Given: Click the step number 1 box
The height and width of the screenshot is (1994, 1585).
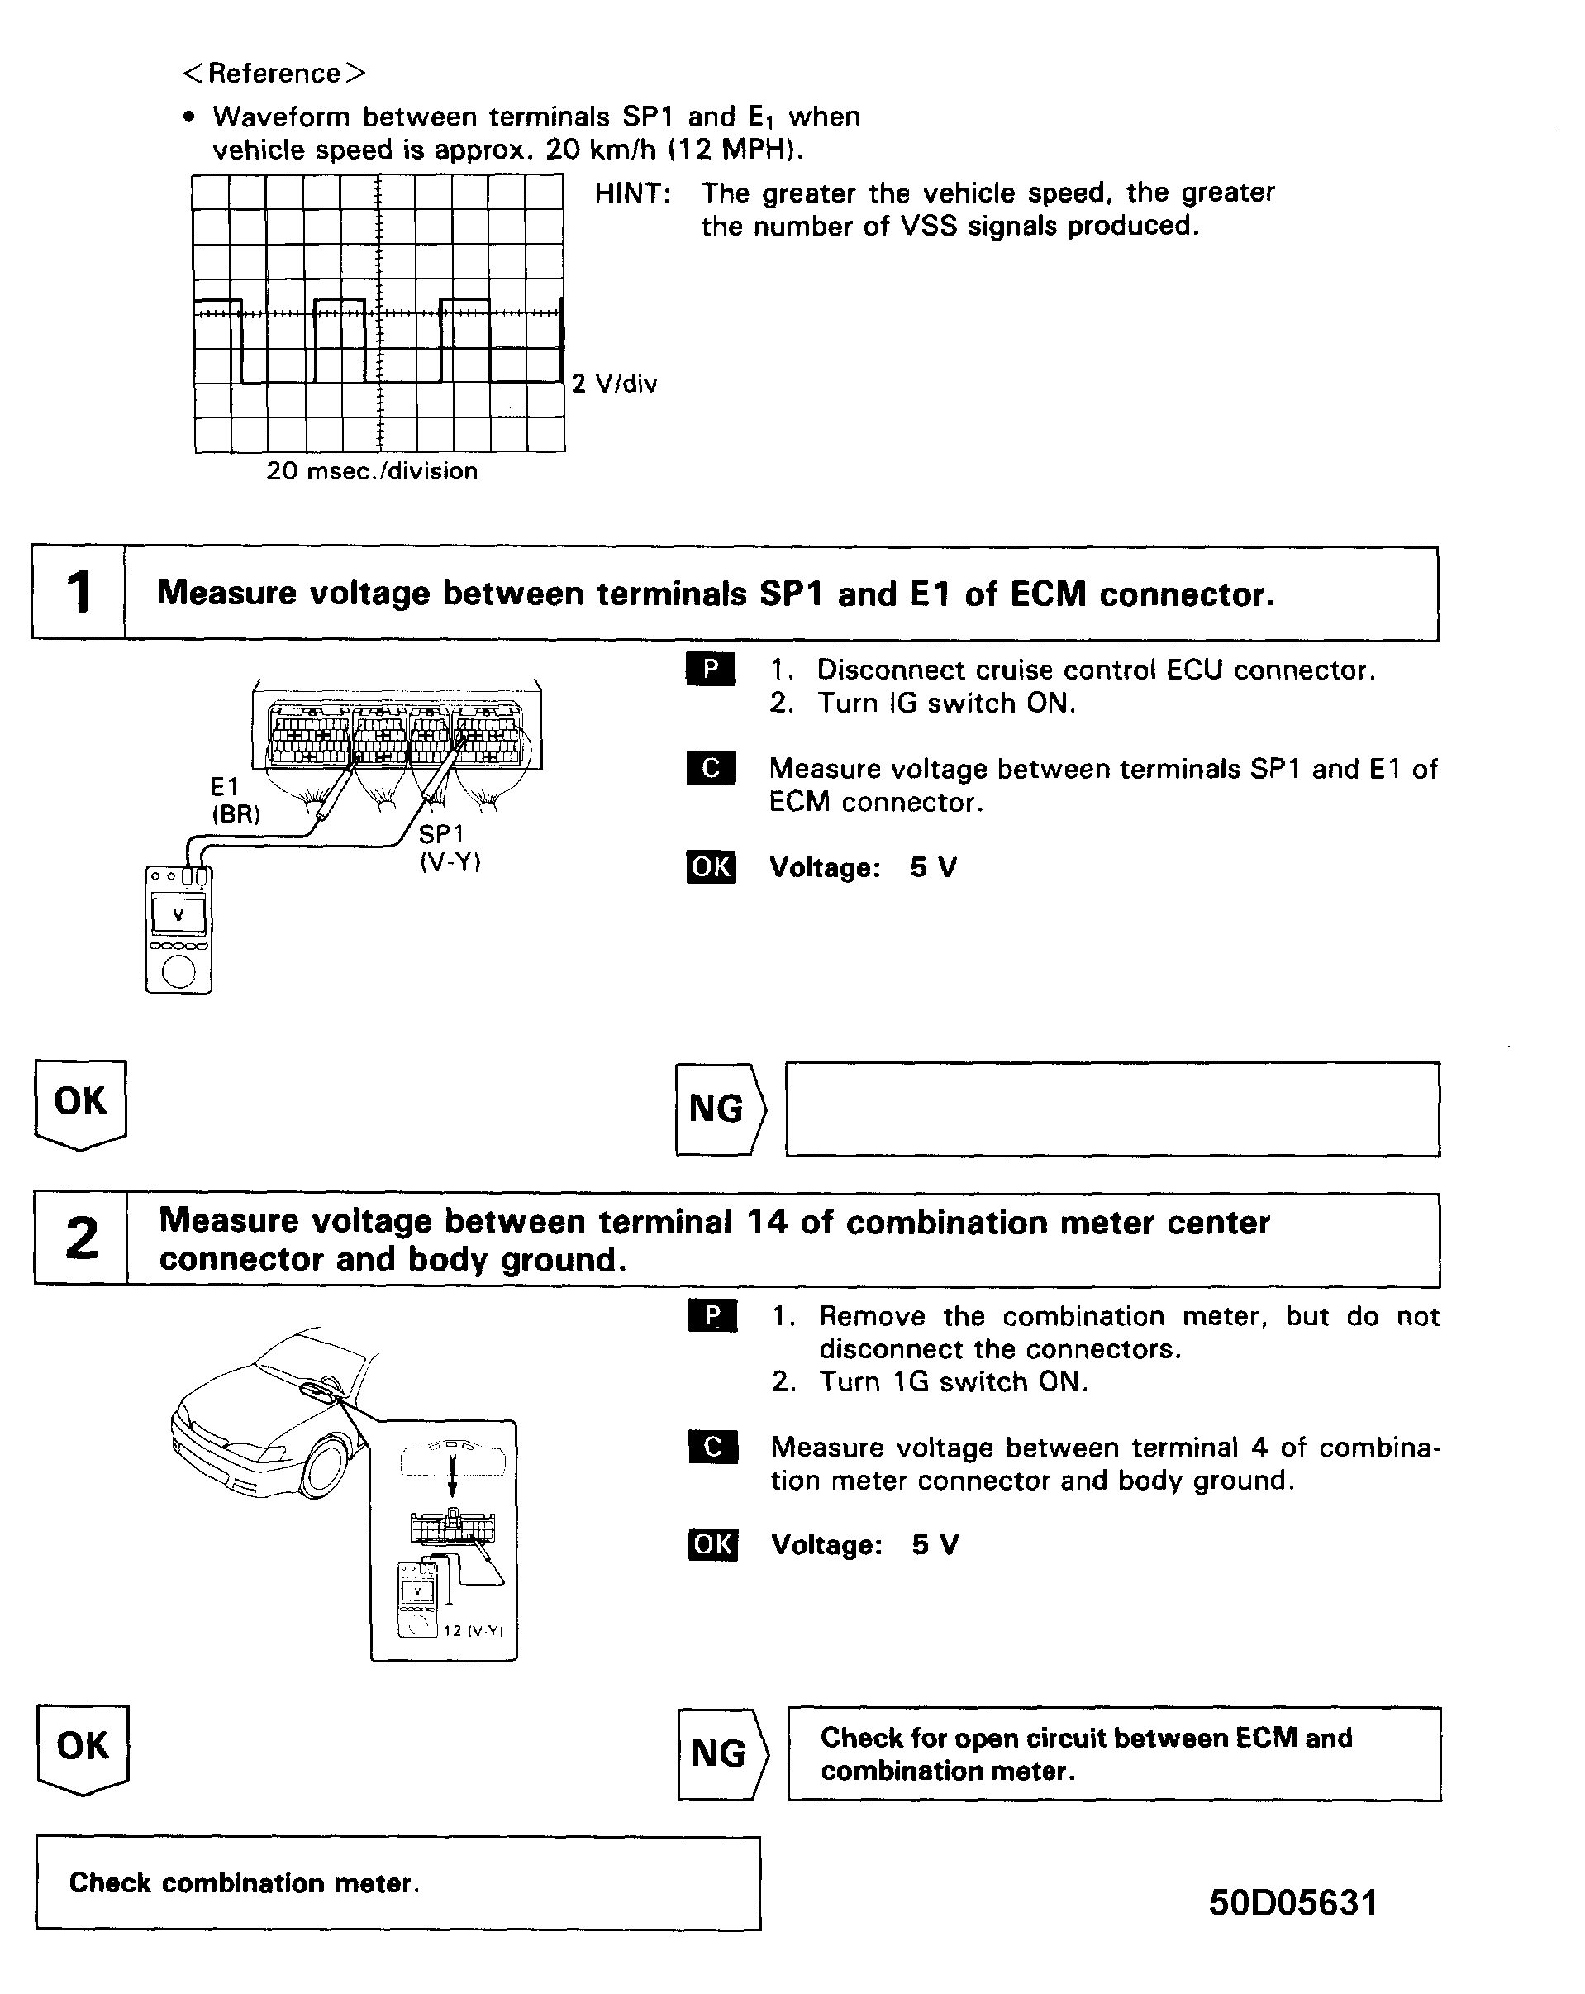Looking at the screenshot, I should tap(79, 593).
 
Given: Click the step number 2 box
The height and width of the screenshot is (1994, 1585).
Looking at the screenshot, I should tap(81, 1239).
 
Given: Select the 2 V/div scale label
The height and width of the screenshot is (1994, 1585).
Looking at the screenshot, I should tap(614, 384).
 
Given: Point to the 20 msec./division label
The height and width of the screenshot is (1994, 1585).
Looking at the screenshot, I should tap(372, 470).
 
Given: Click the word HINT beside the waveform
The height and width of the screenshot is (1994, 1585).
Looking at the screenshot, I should tap(631, 193).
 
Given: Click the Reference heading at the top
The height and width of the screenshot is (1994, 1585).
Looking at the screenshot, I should tap(274, 73).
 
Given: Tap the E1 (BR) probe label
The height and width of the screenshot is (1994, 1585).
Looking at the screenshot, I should tap(235, 800).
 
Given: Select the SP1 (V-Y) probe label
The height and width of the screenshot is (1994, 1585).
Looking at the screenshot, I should tap(450, 847).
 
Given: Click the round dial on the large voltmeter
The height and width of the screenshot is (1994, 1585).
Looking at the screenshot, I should tap(178, 971).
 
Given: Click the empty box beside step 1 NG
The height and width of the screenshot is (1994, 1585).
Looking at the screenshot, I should tap(1112, 1109).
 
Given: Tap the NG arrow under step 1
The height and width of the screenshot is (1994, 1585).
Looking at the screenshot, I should tap(721, 1109).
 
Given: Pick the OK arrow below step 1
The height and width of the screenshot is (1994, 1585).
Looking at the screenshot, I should tap(80, 1103).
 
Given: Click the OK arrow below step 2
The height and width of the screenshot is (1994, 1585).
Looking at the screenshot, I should tap(83, 1747).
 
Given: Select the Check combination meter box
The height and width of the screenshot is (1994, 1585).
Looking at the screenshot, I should tap(397, 1883).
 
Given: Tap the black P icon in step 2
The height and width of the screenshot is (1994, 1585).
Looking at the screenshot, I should tap(712, 1316).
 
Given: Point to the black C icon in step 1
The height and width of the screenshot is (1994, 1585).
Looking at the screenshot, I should tap(710, 769).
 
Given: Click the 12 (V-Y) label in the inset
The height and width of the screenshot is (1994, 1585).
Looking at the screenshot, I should tap(473, 1630).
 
